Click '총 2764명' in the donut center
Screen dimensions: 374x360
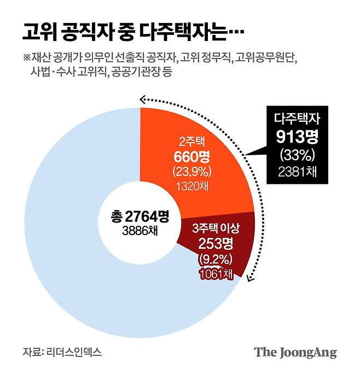click(x=135, y=216)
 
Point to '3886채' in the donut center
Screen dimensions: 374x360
click(x=135, y=230)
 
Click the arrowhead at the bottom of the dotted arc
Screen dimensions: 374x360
click(x=250, y=278)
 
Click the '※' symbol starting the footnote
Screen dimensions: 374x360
click(x=26, y=57)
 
